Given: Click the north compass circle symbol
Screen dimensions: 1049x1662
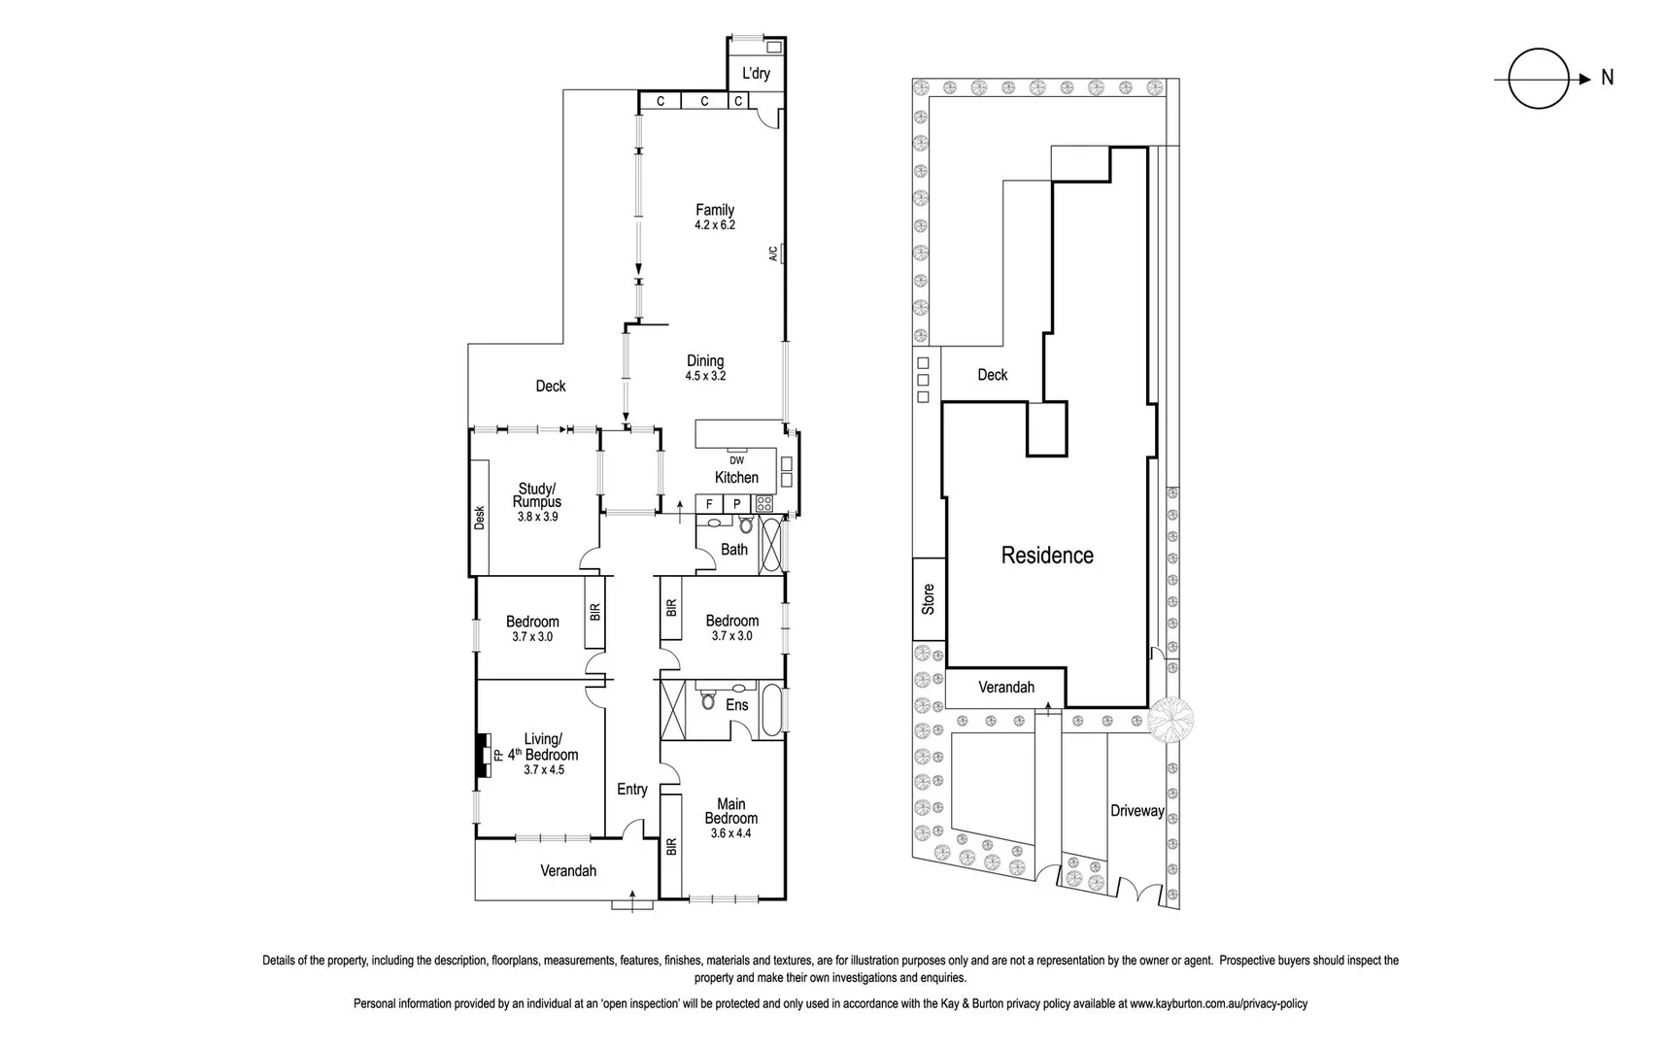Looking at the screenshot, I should tap(1538, 79).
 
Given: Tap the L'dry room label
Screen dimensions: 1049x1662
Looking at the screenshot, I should tap(756, 74).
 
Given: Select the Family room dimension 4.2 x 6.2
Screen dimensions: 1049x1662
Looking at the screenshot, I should tap(715, 225).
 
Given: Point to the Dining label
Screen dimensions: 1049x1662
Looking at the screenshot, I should tap(705, 360).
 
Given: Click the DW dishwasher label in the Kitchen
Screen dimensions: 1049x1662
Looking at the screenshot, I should tap(736, 460).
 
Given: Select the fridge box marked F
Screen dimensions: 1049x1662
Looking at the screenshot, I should tap(709, 504).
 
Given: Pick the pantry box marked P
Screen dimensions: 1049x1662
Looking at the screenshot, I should tap(737, 504).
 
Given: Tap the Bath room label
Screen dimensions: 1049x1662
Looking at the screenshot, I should tap(734, 550).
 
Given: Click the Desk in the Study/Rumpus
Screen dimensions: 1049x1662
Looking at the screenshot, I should tap(479, 516).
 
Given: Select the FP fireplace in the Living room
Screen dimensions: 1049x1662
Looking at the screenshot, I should tap(495, 755).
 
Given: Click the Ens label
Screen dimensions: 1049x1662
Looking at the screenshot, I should tap(737, 705).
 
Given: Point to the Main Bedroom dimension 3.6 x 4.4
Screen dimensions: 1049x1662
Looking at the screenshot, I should tap(730, 833).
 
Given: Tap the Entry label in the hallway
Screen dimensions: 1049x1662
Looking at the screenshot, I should tap(632, 790).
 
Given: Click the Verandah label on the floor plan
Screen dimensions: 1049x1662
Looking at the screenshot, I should tap(568, 871).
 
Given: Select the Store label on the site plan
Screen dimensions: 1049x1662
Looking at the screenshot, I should tap(929, 598).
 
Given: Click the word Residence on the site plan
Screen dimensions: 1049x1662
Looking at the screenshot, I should tap(1047, 556).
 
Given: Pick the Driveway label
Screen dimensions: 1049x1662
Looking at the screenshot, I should tap(1136, 810).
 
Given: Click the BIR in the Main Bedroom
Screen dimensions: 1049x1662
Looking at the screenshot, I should tap(670, 846).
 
